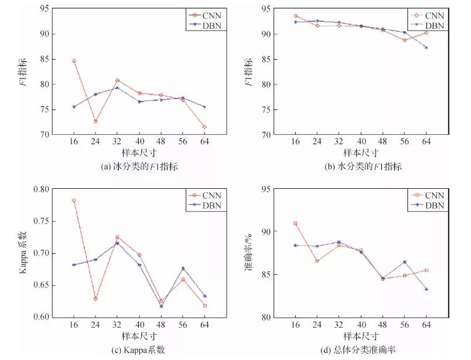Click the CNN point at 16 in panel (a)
pyautogui.click(x=74, y=61)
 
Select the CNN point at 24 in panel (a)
pyautogui.click(x=95, y=121)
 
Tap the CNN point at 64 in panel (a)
pyautogui.click(x=204, y=127)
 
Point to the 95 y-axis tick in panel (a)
pyautogui.click(x=43, y=9)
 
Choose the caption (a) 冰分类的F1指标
pyautogui.click(x=139, y=167)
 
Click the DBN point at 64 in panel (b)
pyautogui.click(x=426, y=47)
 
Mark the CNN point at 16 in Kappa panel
pyautogui.click(x=74, y=201)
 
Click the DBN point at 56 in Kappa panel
pyautogui.click(x=183, y=269)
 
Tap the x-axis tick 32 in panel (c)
pyautogui.click(x=117, y=324)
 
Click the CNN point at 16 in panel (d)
pyautogui.click(x=295, y=223)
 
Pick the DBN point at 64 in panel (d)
pyautogui.click(x=426, y=289)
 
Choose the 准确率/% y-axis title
pyautogui.click(x=250, y=253)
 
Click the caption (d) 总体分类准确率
pyautogui.click(x=359, y=350)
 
